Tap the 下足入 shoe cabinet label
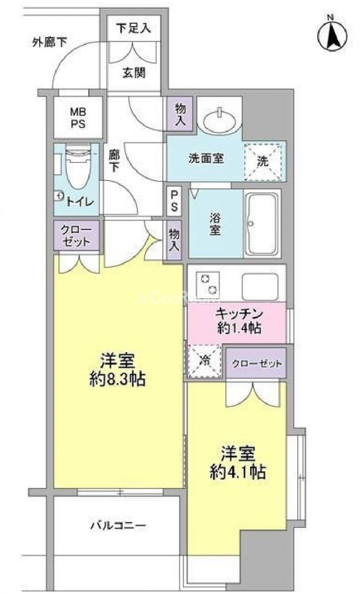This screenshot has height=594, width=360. [134, 28]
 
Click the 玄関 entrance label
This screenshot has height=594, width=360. [134, 73]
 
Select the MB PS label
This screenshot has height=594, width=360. [78, 118]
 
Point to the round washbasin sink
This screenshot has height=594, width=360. [220, 121]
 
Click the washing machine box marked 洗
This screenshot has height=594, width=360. [263, 162]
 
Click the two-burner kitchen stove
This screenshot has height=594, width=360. [207, 284]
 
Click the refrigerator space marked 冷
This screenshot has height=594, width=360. [205, 361]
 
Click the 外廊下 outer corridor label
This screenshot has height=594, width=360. [50, 42]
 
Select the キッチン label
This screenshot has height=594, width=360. [239, 314]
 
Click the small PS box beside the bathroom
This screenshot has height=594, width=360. [174, 201]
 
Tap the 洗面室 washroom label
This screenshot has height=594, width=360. [206, 158]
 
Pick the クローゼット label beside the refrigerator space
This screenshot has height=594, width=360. [257, 363]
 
